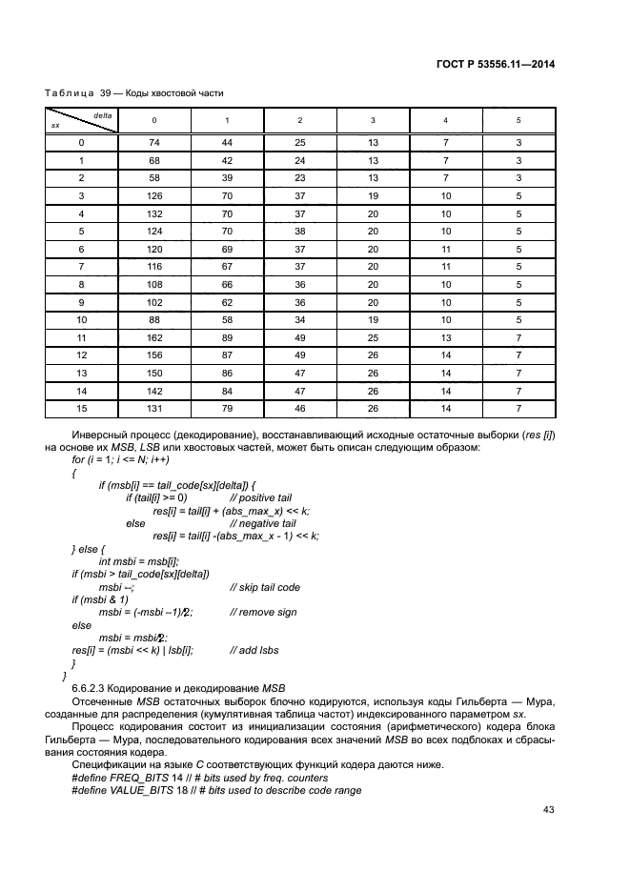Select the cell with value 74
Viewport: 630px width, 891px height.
[154, 142]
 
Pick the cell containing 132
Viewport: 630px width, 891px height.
[154, 213]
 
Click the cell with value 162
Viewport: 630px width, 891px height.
[154, 337]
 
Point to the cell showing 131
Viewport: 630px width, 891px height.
[154, 409]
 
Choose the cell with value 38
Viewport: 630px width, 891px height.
[300, 231]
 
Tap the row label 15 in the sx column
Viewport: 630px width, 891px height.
[81, 409]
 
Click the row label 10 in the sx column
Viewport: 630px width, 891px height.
[81, 319]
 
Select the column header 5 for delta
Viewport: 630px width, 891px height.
[518, 120]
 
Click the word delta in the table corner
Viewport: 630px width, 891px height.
[103, 114]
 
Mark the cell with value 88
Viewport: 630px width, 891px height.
[154, 319]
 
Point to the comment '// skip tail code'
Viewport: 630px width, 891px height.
[265, 587]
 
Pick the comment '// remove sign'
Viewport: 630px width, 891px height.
[261, 613]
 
